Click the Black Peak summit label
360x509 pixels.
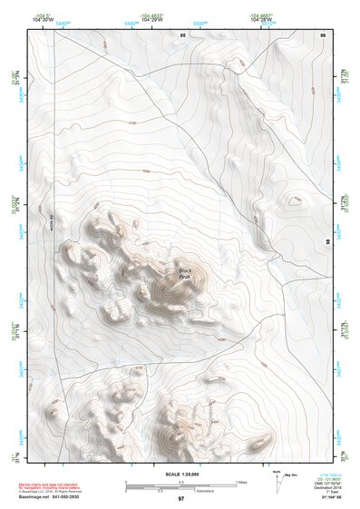click(x=185, y=273)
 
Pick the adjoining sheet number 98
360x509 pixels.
click(x=326, y=243)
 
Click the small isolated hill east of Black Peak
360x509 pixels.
click(x=294, y=201)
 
